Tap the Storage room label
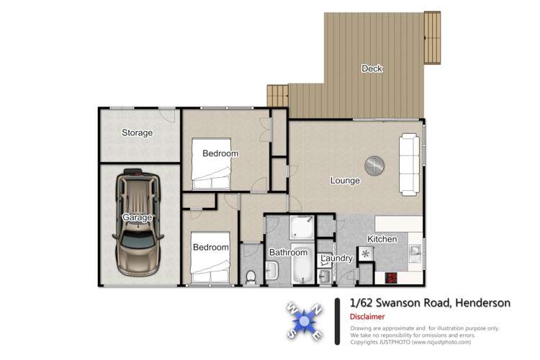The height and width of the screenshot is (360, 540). [x=137, y=133]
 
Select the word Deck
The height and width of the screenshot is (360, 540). [x=372, y=69]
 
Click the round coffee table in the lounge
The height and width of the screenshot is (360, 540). [x=374, y=166]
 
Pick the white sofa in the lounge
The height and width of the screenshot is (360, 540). [x=410, y=164]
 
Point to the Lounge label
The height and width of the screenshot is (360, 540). [x=345, y=181]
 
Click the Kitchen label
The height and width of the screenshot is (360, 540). [x=382, y=239]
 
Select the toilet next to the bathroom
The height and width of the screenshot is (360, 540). [x=250, y=274]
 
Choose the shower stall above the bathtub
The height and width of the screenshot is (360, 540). [x=300, y=230]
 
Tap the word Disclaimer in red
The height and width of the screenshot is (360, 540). [x=367, y=317]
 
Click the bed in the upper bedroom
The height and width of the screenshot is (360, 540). [x=211, y=165]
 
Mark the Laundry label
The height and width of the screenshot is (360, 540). [x=336, y=258]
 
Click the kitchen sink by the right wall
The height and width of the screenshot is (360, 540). [x=415, y=251]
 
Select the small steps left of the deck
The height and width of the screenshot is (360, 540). [x=277, y=95]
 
